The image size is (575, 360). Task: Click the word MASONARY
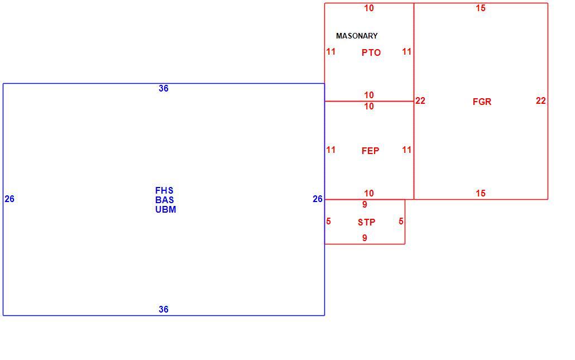click(357, 36)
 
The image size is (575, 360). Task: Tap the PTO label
click(371, 52)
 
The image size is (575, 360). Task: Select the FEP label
click(370, 151)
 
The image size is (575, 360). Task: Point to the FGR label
click(482, 102)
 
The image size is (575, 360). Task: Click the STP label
click(367, 222)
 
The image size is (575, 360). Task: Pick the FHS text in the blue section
click(164, 190)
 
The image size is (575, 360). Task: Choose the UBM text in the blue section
click(165, 209)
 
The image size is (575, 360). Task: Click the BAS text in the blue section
click(164, 200)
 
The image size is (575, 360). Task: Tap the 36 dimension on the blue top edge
click(164, 88)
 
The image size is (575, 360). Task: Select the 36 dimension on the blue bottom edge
click(164, 309)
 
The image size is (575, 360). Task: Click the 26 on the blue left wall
click(9, 199)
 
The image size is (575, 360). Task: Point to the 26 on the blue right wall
click(318, 199)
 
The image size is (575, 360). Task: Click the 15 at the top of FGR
click(481, 8)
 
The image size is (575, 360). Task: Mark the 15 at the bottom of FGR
click(481, 193)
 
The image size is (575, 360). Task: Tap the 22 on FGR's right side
click(541, 100)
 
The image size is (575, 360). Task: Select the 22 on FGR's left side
click(420, 100)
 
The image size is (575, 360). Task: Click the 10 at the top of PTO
click(369, 8)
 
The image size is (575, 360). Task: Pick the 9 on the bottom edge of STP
click(365, 238)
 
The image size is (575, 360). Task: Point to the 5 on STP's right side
click(401, 221)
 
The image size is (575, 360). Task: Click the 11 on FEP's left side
click(331, 150)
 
